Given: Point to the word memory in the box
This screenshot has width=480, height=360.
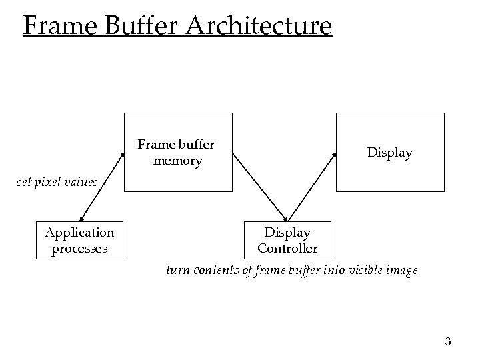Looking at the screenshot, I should pos(177,161).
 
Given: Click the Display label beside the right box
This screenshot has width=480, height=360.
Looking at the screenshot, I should pos(389,153).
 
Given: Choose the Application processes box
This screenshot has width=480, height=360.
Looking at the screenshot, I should pos(79,240).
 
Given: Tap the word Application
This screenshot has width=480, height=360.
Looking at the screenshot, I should pos(79,233).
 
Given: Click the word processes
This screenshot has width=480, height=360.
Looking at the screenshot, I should pos(79,249).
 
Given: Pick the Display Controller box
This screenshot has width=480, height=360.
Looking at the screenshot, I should pos(287,240).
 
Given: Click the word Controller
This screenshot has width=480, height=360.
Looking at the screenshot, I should pos(287,249).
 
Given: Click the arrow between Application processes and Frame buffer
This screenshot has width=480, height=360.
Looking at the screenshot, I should pos(101,187).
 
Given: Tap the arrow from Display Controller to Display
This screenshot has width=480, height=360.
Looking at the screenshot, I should pos(312,187).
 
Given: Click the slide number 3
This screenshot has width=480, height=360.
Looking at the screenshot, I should pos(447,342).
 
